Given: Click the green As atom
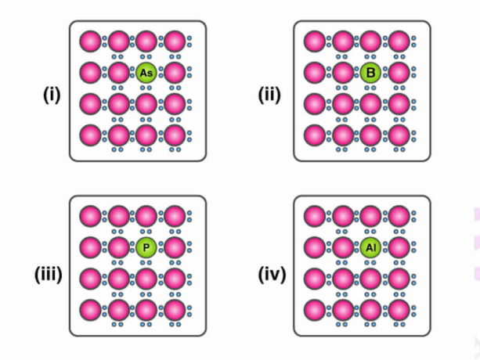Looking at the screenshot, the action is (146, 73).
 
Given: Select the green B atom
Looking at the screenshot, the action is (370, 73).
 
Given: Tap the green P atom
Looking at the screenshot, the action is (146, 247).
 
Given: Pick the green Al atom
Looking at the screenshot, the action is (370, 247).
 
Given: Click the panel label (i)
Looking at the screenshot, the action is (52, 95).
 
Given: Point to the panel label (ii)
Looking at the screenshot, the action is (269, 95).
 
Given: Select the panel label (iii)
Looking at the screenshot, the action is (49, 274).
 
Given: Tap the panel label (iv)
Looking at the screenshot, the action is (272, 274).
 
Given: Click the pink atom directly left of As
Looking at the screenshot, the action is (118, 73).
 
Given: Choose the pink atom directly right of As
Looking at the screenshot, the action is (175, 73).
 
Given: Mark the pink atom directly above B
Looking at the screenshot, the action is (370, 41).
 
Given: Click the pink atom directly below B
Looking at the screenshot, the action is (370, 104).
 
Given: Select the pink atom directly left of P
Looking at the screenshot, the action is (118, 247).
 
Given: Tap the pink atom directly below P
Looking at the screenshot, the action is (146, 279).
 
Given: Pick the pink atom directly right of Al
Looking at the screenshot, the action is (399, 247).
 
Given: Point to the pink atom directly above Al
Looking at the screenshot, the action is (370, 216).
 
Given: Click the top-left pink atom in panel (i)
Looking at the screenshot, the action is (90, 41).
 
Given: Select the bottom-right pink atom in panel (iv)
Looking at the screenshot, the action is (399, 310).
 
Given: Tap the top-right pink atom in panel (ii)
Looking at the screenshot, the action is (399, 41).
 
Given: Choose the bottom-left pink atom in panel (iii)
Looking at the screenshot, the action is (90, 310).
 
